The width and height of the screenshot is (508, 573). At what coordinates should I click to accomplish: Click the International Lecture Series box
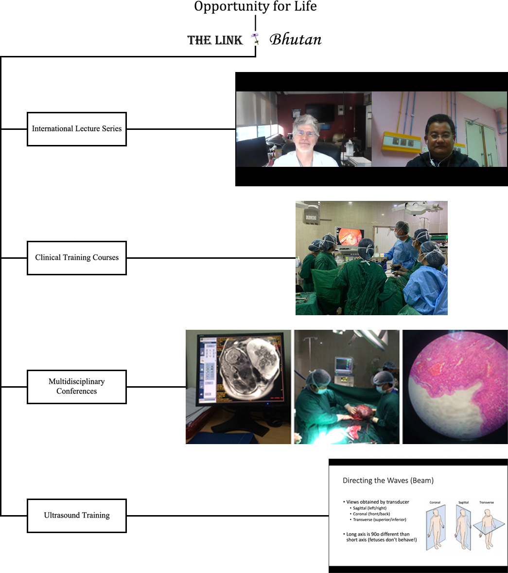pyautogui.click(x=77, y=129)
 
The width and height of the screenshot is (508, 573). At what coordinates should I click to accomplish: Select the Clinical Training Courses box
pyautogui.click(x=77, y=258)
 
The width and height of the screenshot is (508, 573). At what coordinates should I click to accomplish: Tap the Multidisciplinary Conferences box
pyautogui.click(x=77, y=387)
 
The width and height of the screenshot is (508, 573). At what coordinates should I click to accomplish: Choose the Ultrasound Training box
pyautogui.click(x=77, y=516)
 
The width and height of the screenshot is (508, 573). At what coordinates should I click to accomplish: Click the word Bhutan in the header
pyautogui.click(x=296, y=40)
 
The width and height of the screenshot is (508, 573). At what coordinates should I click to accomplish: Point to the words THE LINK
pyautogui.click(x=215, y=40)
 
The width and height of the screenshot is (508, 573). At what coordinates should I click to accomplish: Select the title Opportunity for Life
pyautogui.click(x=255, y=7)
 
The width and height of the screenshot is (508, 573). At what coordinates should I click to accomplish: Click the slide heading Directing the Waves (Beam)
pyautogui.click(x=388, y=481)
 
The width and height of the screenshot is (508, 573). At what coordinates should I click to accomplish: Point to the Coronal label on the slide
pyautogui.click(x=435, y=502)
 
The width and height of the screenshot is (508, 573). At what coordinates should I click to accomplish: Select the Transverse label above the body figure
pyautogui.click(x=486, y=502)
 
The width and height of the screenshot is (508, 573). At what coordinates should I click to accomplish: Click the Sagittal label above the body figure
pyautogui.click(x=463, y=502)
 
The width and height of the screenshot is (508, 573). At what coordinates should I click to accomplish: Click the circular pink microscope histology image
pyautogui.click(x=455, y=387)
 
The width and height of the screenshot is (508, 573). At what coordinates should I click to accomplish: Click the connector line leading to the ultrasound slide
pyautogui.click(x=228, y=516)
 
